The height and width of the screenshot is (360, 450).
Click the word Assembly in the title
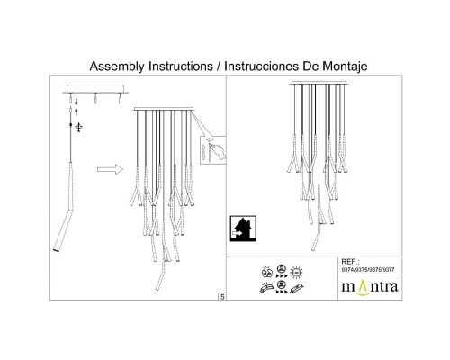pos(117,67)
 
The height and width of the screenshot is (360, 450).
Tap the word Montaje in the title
pos(345,67)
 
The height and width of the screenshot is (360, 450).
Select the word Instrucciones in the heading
pos(262,66)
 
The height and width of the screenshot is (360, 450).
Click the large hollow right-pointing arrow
pos(110,169)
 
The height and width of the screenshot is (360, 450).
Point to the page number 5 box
pos(222,297)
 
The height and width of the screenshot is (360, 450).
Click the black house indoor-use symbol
pos(243,229)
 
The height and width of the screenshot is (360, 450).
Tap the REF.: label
pos(350,262)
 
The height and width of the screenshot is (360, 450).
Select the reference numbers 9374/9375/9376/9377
pos(368,270)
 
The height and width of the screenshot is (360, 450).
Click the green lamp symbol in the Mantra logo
pos(363,288)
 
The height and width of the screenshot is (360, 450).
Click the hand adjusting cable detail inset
pos(213,150)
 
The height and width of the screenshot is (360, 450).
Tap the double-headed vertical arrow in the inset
pos(204,152)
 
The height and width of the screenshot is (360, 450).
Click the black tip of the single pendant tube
pos(56,250)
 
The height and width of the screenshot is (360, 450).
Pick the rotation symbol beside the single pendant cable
pos(79,127)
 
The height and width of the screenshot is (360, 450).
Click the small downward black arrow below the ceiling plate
pos(76,102)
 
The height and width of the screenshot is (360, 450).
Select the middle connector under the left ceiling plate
pos(95,98)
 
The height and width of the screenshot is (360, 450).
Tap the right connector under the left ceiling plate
pos(120,98)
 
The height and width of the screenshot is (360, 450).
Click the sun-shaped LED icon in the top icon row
pos(297,272)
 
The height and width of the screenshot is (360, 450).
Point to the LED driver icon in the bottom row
pos(297,289)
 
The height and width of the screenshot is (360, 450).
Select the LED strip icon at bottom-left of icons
pos(266,287)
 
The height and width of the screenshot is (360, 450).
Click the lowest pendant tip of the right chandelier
pos(313,249)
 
